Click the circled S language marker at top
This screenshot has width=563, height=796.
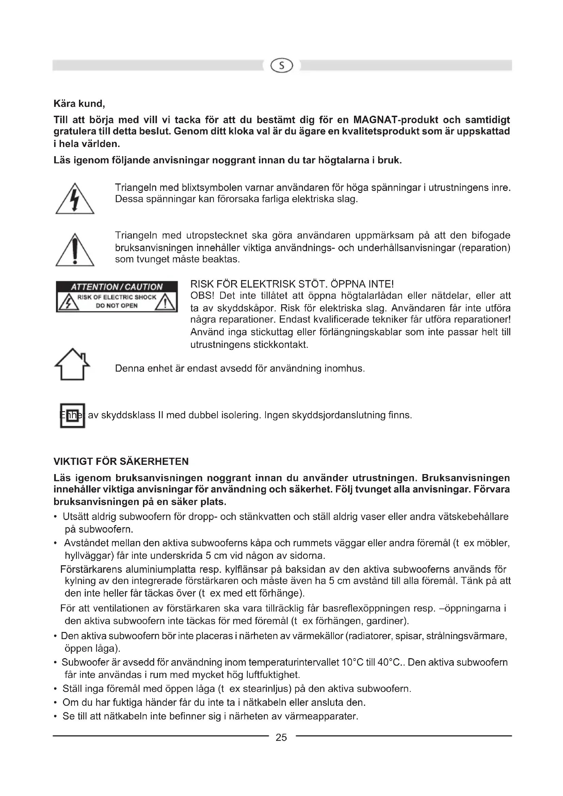[x=282, y=66]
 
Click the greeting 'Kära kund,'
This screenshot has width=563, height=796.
[x=79, y=104]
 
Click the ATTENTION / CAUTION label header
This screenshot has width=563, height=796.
[x=116, y=287]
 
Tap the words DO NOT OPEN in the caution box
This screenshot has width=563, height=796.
[x=116, y=306]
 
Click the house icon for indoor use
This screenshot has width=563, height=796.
[x=73, y=364]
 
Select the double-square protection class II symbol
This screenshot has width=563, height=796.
[x=73, y=415]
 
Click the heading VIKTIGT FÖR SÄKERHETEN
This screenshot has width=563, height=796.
[x=121, y=461]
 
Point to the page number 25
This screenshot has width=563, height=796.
[x=281, y=737]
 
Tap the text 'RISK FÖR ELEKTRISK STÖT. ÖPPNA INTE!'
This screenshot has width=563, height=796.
[x=292, y=284]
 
